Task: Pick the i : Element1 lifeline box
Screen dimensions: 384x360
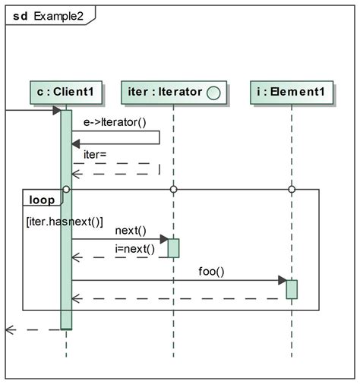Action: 292,93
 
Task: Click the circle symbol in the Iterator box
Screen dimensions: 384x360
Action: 213,93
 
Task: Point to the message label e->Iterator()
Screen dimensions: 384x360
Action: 115,121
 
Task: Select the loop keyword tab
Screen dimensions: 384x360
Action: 41,200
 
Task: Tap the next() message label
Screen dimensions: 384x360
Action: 131,230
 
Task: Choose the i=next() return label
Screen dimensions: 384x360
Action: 135,249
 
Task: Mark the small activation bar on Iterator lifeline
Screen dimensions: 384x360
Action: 173,248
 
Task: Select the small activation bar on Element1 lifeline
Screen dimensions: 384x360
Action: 292,289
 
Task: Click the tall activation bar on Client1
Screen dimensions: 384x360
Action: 66,220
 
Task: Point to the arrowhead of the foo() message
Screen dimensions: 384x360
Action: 281,280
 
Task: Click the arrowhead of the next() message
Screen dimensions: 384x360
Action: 163,239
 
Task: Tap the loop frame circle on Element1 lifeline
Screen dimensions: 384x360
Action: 292,189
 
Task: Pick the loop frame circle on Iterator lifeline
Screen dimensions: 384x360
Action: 173,189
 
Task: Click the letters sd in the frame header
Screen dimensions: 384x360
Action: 20,14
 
